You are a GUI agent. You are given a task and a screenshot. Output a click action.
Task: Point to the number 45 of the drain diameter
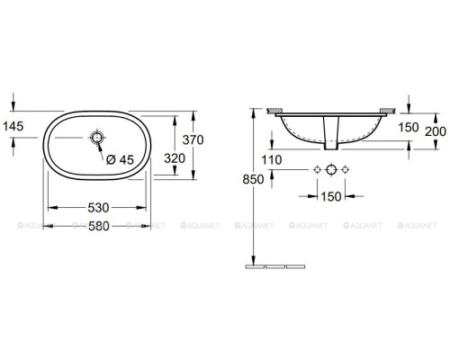click(128, 160)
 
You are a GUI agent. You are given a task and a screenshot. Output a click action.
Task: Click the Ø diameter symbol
click(111, 160)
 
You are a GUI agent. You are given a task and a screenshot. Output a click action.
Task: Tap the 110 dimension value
click(271, 160)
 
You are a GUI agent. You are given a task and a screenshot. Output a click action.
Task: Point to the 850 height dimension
click(256, 179)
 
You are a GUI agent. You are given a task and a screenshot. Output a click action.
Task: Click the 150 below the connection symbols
click(330, 195)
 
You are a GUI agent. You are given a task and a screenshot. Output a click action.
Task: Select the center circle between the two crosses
click(330, 170)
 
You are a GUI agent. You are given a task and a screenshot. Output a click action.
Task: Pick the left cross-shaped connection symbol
click(316, 170)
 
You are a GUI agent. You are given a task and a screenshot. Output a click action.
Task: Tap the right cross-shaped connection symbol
click(345, 170)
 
